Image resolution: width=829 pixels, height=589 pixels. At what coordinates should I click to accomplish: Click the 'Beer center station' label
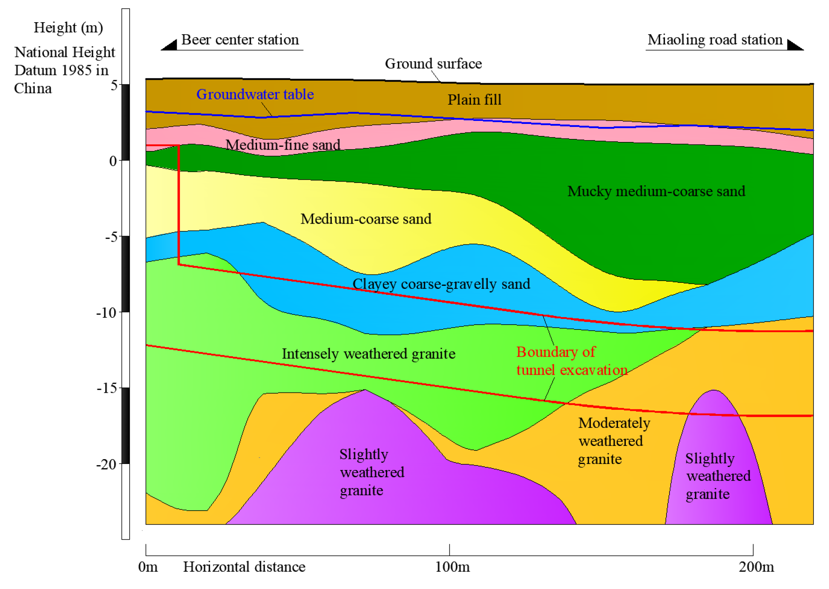pyautogui.click(x=240, y=40)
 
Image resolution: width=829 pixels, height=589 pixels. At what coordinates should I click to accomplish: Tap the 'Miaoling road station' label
pyautogui.click(x=715, y=40)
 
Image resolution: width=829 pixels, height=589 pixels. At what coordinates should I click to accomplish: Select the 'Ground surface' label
pyautogui.click(x=433, y=64)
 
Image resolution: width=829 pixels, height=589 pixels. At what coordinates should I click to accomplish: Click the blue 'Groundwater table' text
pyautogui.click(x=255, y=94)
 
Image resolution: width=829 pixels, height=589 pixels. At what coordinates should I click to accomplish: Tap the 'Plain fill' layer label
pyautogui.click(x=474, y=100)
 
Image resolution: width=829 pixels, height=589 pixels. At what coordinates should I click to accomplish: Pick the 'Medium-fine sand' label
pyautogui.click(x=283, y=145)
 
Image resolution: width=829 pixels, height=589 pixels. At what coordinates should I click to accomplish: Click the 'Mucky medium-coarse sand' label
pyautogui.click(x=656, y=191)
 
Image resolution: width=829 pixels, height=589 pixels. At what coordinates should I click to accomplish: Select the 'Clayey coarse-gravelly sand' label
pyautogui.click(x=441, y=284)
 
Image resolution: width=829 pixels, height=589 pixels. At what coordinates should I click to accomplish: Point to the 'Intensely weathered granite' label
pyautogui.click(x=368, y=354)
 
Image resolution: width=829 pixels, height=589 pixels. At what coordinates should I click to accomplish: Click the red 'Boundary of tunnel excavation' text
pyautogui.click(x=572, y=361)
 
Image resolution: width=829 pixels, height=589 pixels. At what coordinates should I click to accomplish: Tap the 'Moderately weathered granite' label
pyautogui.click(x=614, y=441)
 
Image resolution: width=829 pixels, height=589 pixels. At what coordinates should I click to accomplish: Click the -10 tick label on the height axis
pyautogui.click(x=106, y=313)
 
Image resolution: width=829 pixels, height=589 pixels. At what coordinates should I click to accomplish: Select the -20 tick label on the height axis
pyautogui.click(x=106, y=464)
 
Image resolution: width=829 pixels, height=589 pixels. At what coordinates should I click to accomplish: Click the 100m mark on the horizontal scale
pyautogui.click(x=452, y=567)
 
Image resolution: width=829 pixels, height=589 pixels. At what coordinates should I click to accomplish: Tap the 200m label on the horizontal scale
pyautogui.click(x=756, y=567)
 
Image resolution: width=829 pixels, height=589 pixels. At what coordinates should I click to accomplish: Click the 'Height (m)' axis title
pyautogui.click(x=68, y=27)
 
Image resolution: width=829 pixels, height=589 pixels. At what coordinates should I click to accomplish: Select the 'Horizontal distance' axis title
pyautogui.click(x=244, y=567)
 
